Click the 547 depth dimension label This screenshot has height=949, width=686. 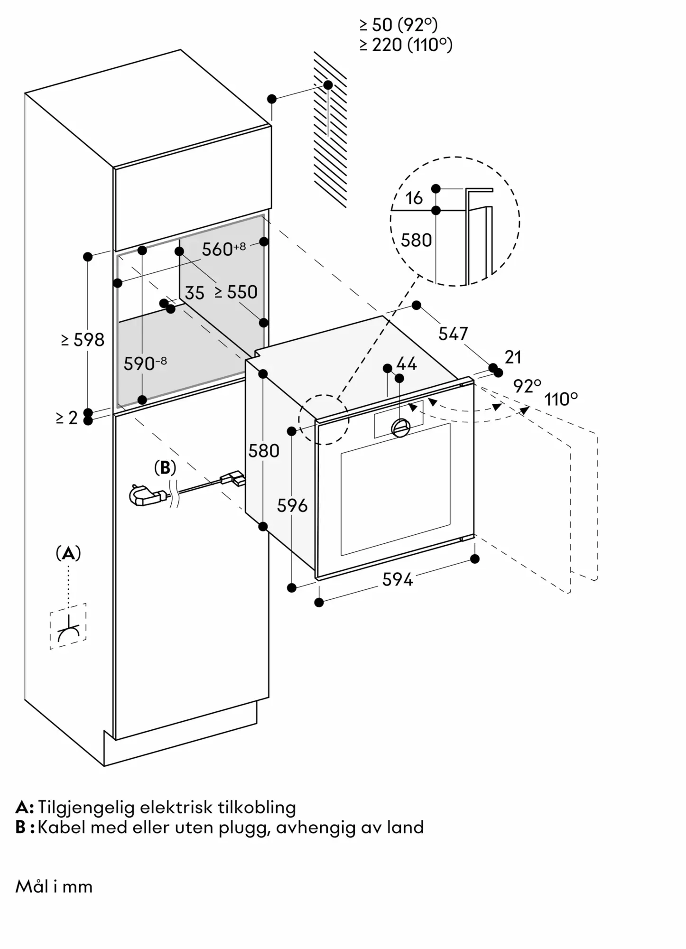453,334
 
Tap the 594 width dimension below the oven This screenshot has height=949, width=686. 398,579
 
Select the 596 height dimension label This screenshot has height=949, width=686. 292,506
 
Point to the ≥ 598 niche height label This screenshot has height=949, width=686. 83,340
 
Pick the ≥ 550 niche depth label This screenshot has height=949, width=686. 236,292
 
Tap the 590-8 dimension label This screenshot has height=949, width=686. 145,363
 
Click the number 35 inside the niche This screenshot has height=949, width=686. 195,293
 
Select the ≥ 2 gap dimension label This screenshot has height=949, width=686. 67,418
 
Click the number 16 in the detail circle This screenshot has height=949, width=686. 414,198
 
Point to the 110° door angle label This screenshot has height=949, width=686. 561,400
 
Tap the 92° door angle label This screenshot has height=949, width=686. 527,387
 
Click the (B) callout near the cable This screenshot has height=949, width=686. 165,468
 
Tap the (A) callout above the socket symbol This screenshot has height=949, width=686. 68,553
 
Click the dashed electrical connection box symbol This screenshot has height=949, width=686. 68,626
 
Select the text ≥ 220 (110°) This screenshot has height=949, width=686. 406,45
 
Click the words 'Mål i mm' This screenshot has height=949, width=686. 54,886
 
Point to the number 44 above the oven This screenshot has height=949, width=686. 407,364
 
